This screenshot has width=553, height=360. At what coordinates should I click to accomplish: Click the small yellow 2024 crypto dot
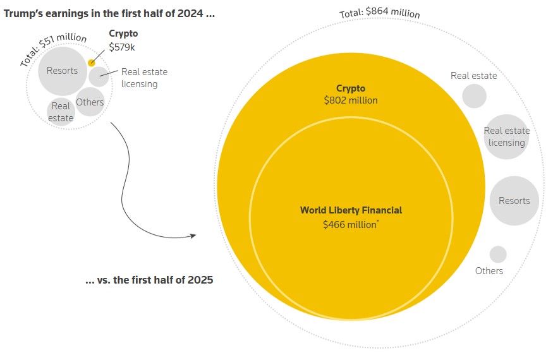pos(92,63)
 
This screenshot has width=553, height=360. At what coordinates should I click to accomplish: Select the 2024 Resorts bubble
pos(62,70)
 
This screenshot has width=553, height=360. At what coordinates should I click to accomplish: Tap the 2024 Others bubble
pos(90,102)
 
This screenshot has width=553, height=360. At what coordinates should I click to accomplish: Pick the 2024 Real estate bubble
pos(61,112)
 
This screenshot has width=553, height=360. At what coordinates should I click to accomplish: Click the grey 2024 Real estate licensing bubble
pos(99,76)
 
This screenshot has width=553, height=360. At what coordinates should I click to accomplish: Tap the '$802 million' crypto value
pos(351,100)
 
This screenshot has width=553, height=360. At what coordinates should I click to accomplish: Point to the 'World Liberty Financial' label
pos(351,210)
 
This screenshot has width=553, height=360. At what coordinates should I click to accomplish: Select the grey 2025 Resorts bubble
pos(514,201)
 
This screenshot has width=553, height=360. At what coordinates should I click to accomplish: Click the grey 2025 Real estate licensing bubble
pos(506,137)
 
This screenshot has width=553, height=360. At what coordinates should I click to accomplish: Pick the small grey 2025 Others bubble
pos(498,255)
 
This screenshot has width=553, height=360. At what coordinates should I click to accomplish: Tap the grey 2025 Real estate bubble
pos(474,96)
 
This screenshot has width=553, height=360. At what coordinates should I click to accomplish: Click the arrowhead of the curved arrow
pos(193,236)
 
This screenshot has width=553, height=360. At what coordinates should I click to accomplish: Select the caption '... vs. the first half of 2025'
pos(149,280)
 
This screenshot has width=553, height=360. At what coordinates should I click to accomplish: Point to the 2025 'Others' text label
pos(489,270)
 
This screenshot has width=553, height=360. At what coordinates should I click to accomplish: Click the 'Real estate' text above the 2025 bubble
pos(473,76)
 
